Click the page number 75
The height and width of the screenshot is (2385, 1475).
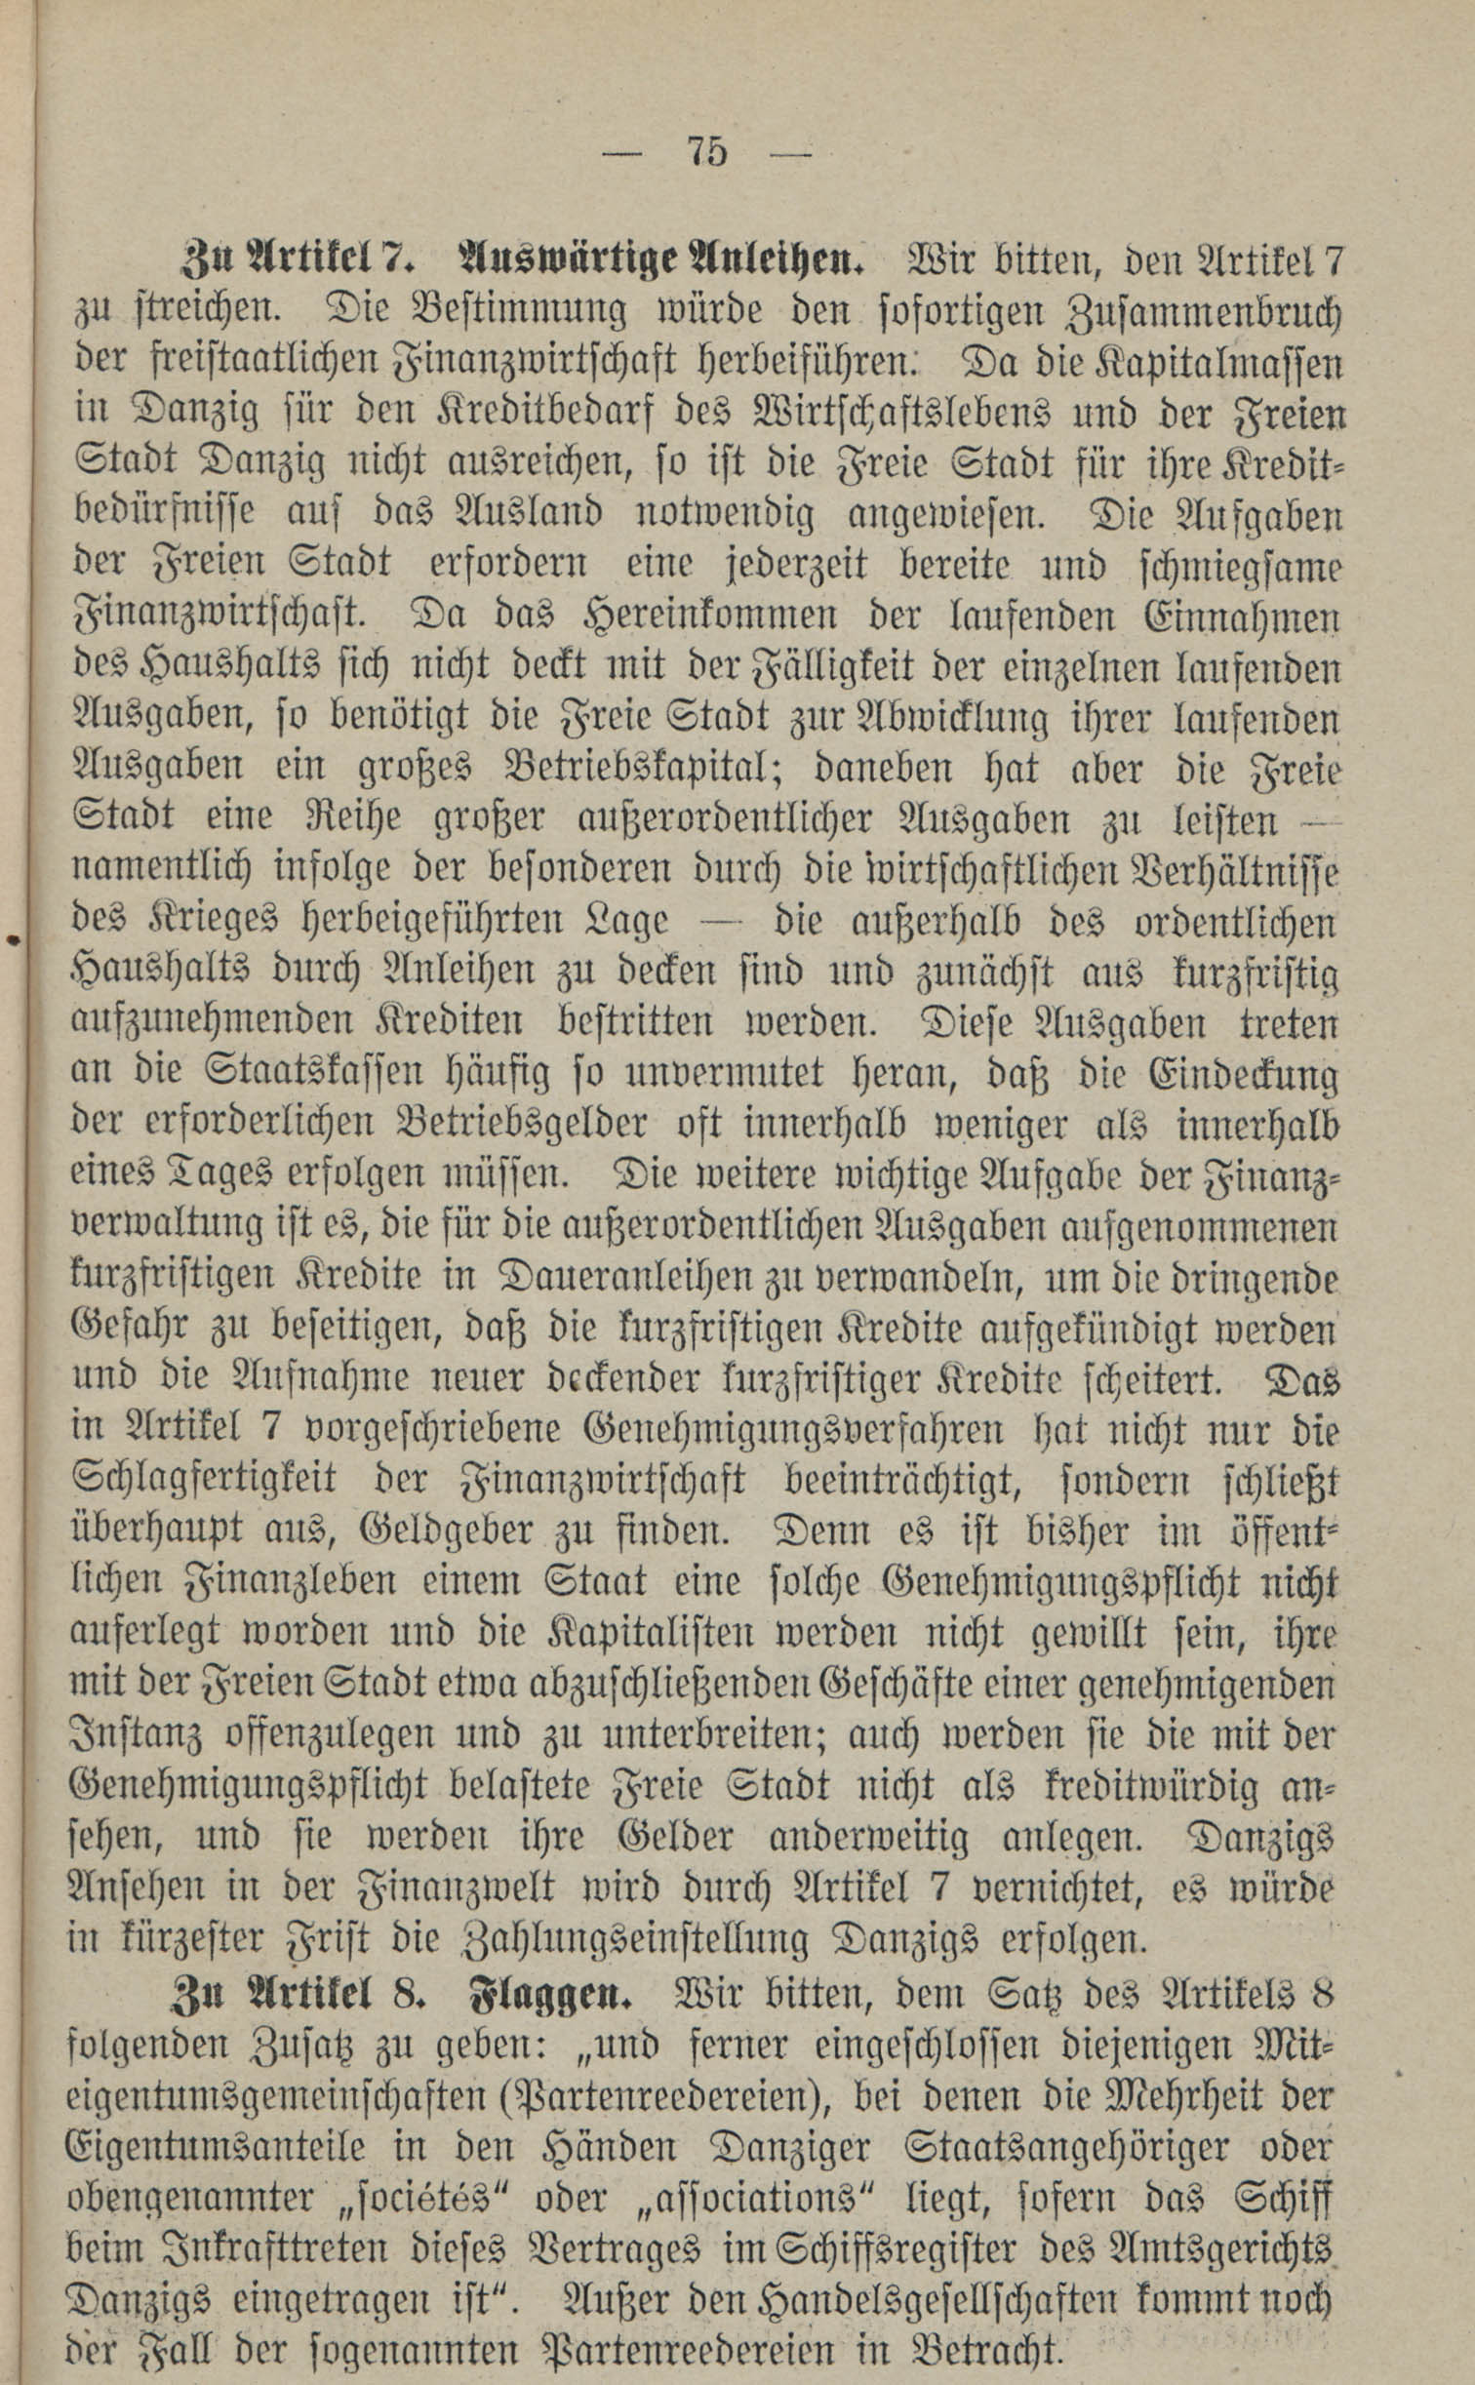(707, 152)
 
